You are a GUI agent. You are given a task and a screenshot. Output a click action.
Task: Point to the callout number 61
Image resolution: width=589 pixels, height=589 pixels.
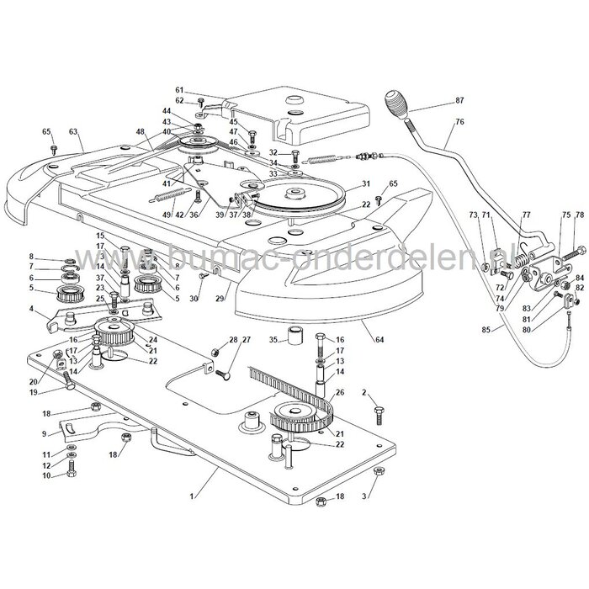pos(179,90)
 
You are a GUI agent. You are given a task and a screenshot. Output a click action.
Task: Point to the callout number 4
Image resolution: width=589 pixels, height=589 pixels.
pos(32,310)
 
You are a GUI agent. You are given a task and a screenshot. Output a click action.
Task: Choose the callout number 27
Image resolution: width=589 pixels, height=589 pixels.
pos(247,339)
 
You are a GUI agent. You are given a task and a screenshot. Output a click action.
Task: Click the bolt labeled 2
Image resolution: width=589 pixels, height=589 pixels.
pos(379,413)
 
